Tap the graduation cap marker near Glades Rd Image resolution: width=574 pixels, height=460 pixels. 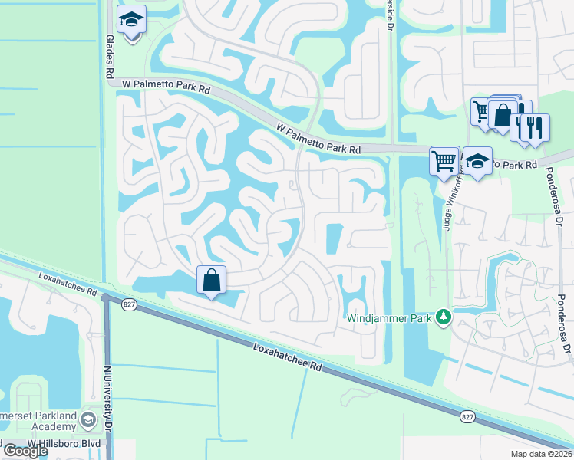[x=133, y=21]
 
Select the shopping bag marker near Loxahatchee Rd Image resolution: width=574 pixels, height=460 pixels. [x=212, y=280]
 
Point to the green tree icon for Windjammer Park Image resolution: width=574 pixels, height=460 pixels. [x=442, y=316]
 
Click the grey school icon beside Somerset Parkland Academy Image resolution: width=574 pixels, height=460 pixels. [x=89, y=421]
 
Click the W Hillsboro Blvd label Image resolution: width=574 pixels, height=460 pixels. [x=63, y=443]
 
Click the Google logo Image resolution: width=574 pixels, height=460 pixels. [x=25, y=451]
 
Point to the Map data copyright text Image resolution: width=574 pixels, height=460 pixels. [x=541, y=454]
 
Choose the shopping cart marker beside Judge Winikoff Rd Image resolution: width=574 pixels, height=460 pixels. [x=444, y=161]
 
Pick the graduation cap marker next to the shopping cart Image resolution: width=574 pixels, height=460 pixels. [x=477, y=161]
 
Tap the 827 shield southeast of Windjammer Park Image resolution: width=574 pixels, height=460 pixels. [x=468, y=416]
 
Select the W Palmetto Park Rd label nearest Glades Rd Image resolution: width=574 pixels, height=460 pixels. [x=163, y=90]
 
